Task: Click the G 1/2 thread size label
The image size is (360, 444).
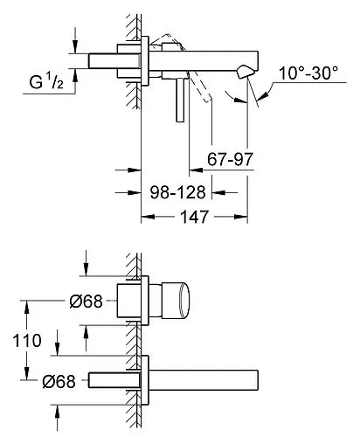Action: [x=46, y=81]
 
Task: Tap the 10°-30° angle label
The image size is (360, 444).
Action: [x=308, y=73]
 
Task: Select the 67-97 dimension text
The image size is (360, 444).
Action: [x=230, y=159]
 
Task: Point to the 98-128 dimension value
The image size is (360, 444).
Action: [x=178, y=192]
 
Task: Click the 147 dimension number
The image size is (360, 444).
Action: [x=194, y=217]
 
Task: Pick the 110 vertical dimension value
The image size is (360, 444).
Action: [x=27, y=341]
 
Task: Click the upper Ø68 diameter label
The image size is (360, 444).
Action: [x=87, y=301]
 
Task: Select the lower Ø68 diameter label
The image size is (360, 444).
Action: [x=59, y=381]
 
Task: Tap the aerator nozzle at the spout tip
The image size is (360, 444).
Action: [x=246, y=72]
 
